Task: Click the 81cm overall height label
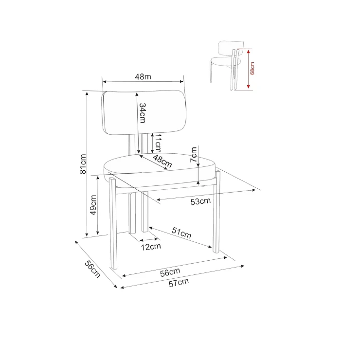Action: (x=83, y=164)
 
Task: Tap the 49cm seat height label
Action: (x=93, y=205)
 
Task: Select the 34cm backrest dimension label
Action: (x=143, y=113)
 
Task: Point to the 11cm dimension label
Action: (x=158, y=143)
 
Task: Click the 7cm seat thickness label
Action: (x=194, y=155)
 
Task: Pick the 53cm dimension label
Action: (x=200, y=201)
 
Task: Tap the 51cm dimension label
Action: (x=181, y=233)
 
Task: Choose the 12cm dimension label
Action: (x=151, y=247)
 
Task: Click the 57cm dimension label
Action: (x=179, y=283)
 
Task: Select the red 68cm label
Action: (x=252, y=68)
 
